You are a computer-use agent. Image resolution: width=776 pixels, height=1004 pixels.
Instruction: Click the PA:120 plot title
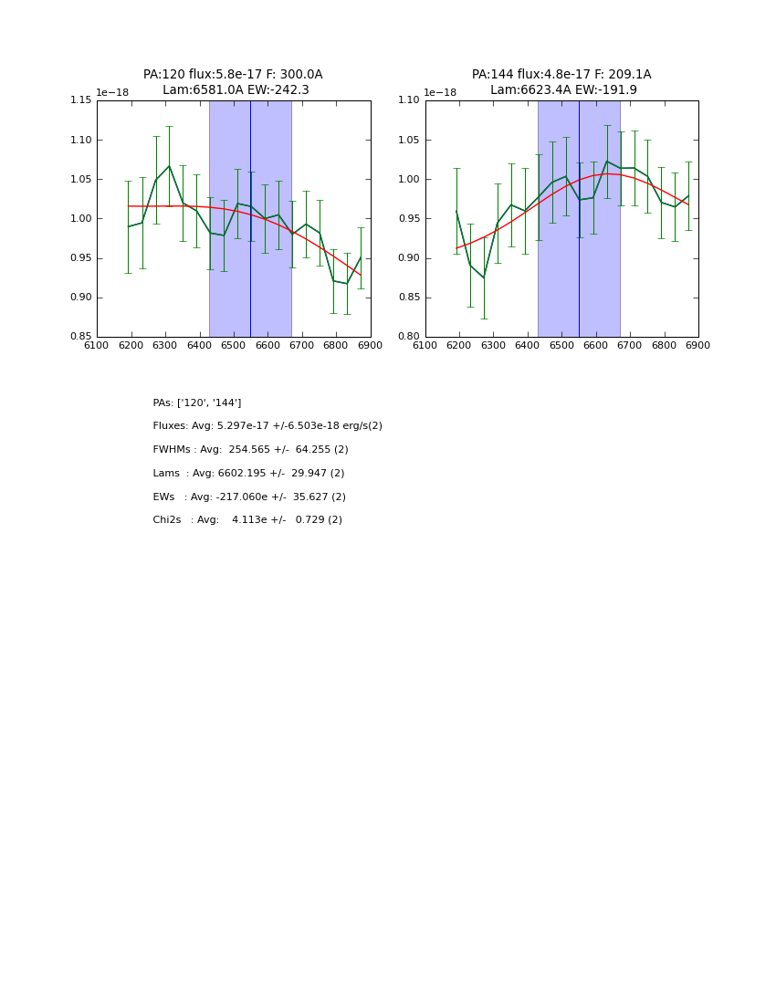tap(233, 75)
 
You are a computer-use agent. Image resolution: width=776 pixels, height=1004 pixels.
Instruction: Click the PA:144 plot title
tap(561, 75)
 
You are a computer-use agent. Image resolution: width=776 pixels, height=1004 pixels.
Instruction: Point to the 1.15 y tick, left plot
tap(81, 100)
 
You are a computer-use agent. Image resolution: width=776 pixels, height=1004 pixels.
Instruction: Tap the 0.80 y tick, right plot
tap(410, 337)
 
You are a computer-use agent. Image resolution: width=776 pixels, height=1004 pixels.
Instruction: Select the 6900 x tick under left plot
tap(370, 345)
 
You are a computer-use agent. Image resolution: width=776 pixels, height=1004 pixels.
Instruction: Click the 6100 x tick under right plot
tap(425, 345)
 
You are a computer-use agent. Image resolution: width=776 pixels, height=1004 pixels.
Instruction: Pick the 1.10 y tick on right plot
tap(410, 100)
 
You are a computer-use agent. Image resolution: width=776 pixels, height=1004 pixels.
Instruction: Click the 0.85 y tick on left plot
tap(81, 337)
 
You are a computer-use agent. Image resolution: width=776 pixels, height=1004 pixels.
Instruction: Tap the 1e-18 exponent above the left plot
tap(112, 92)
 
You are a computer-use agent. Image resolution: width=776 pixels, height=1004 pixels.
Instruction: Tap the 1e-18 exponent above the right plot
tap(440, 92)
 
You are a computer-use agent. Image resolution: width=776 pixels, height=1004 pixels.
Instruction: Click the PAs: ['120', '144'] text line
tap(197, 403)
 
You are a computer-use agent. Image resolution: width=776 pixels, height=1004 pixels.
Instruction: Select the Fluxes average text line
tap(267, 426)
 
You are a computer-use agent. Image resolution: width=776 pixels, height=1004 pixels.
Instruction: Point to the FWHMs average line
tap(250, 450)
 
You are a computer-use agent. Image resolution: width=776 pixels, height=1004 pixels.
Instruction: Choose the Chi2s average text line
tap(247, 520)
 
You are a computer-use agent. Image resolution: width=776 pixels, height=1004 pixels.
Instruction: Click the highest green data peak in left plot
tap(169, 165)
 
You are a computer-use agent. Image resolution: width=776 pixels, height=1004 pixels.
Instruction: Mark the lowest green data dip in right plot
tap(484, 278)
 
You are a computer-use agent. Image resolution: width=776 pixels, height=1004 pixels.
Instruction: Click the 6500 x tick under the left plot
tap(234, 345)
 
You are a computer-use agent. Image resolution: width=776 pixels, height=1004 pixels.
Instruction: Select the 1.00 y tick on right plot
tap(410, 179)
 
